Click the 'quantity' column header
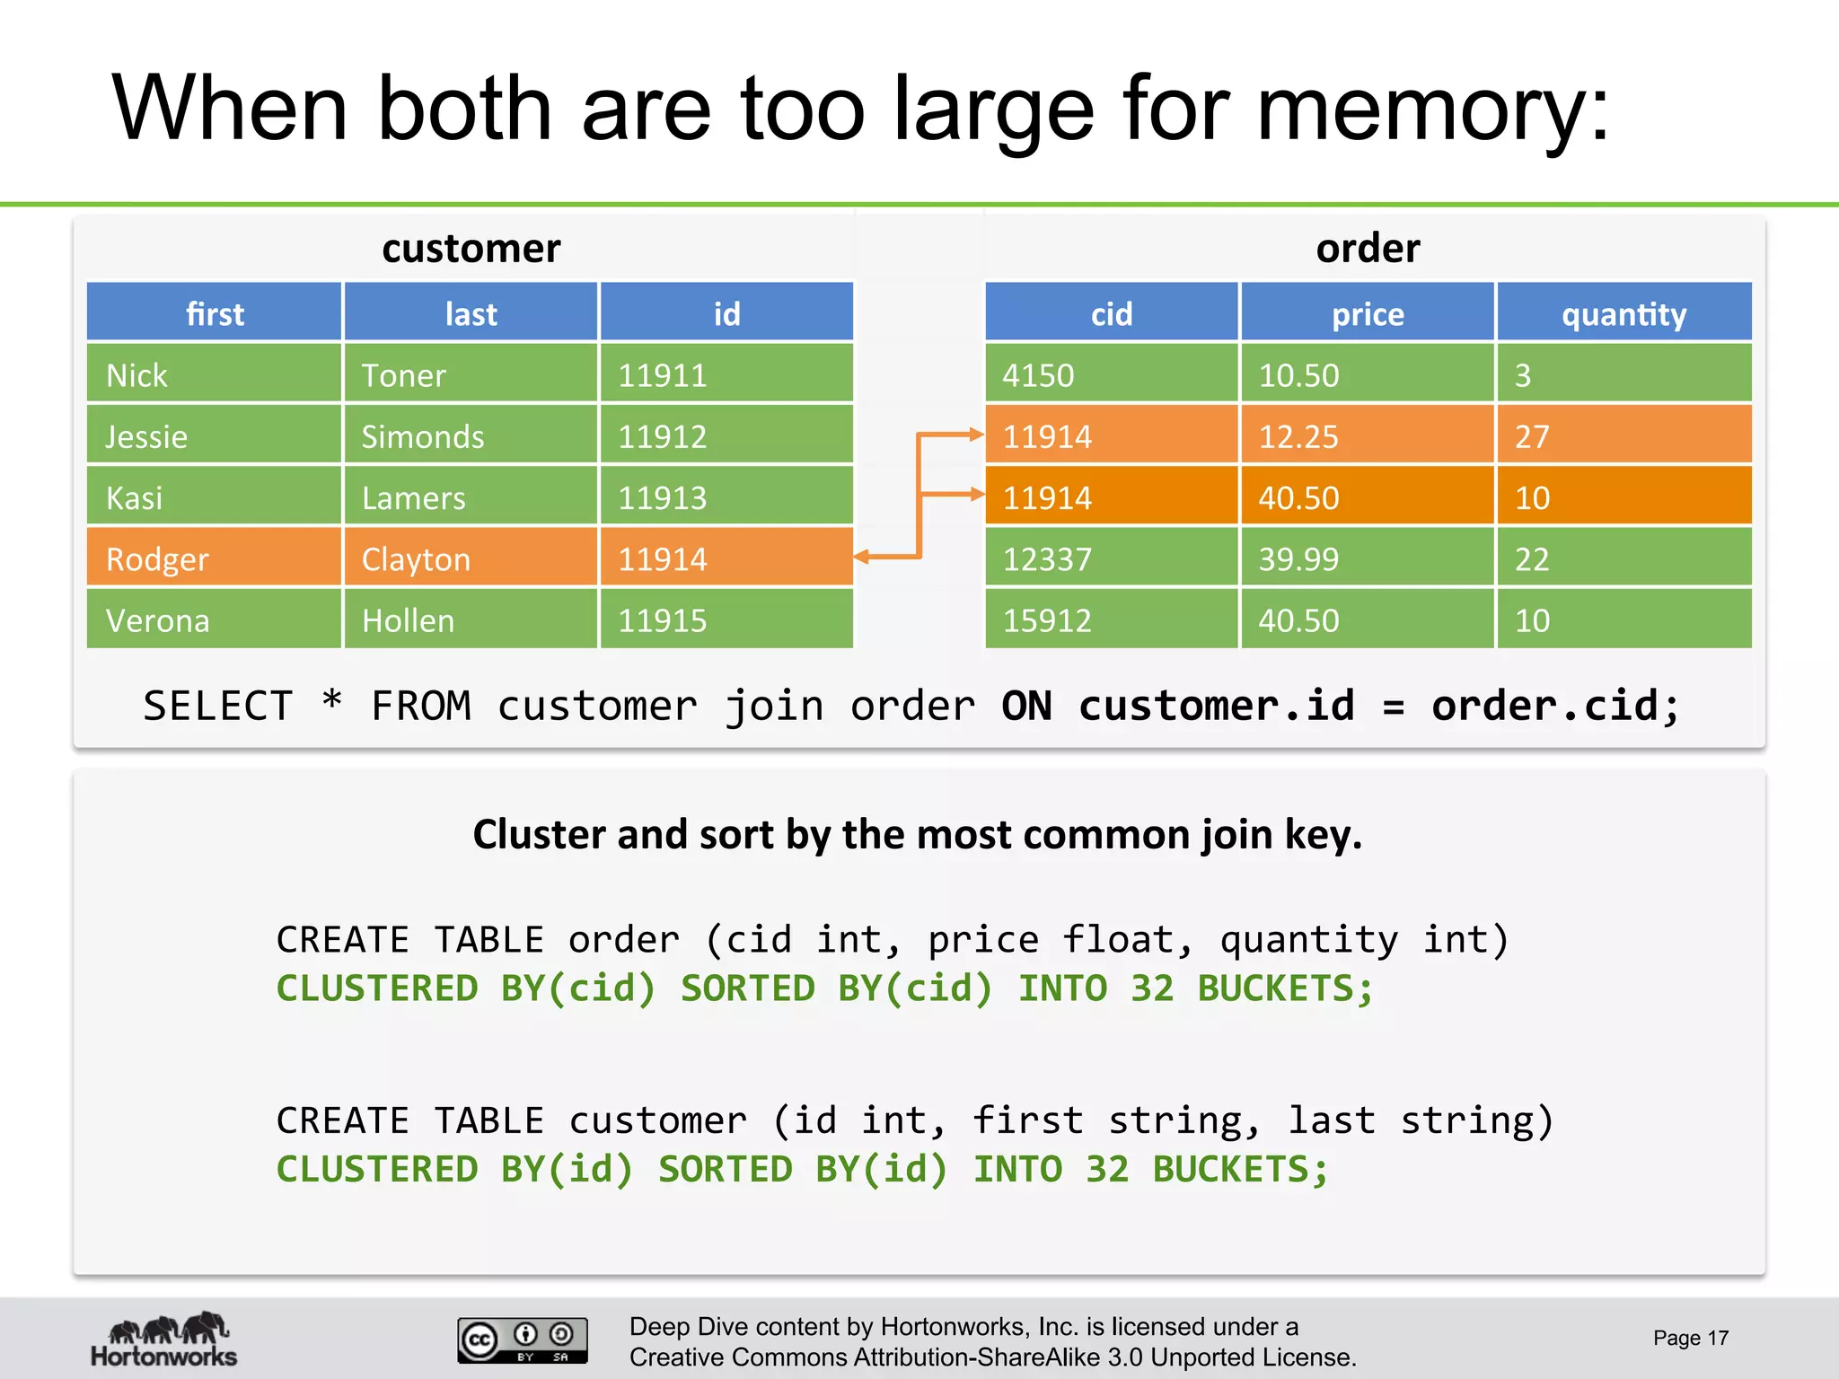[1623, 313]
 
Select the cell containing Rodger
[214, 558]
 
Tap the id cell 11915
[726, 619]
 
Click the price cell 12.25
[1367, 436]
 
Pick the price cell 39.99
[1367, 558]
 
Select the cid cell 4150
[1111, 374]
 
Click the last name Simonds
[470, 436]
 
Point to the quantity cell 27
[1623, 436]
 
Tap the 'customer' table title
[471, 248]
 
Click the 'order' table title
[1368, 248]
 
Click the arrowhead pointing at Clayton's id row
[862, 558]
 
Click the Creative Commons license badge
[522, 1339]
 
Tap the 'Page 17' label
[1690, 1338]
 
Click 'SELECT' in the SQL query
[218, 706]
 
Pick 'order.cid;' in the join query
[1554, 706]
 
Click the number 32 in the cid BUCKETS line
[1151, 988]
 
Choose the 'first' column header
[214, 313]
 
